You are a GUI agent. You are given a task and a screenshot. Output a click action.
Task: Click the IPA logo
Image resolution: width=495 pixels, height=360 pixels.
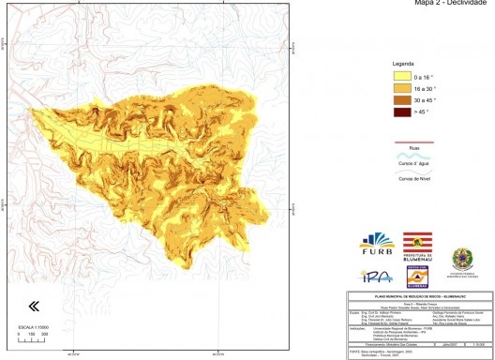tap(371, 276)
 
